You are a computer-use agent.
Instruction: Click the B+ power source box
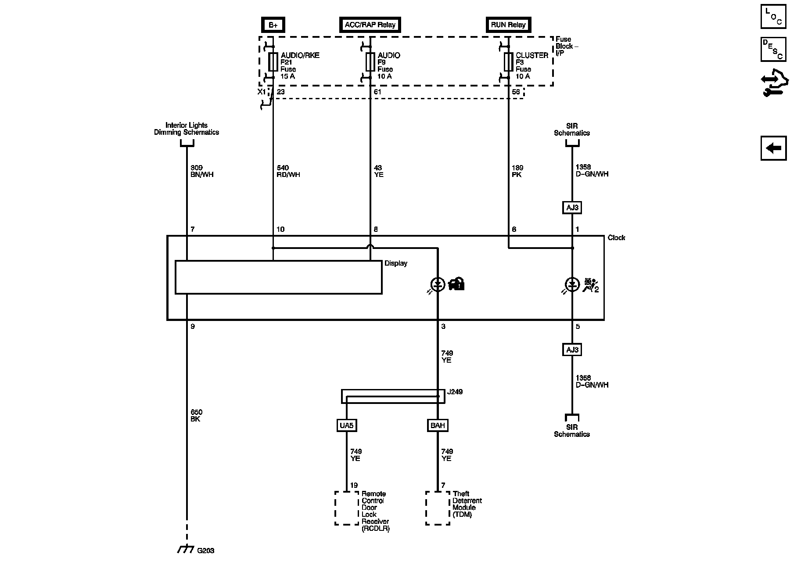(x=273, y=25)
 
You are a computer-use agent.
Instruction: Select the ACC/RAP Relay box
(x=370, y=25)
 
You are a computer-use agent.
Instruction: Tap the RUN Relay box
(x=508, y=25)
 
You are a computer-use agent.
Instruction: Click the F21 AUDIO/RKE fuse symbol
(x=273, y=62)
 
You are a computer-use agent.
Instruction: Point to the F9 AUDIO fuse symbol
(x=370, y=62)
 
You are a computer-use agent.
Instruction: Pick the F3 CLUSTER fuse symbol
(x=508, y=62)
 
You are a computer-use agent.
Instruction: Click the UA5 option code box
(x=346, y=425)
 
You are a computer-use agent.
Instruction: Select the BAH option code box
(x=438, y=425)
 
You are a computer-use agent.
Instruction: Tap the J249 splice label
(x=455, y=392)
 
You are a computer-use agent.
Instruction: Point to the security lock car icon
(x=456, y=284)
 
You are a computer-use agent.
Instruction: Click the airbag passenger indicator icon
(x=590, y=285)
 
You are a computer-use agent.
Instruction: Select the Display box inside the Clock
(x=278, y=277)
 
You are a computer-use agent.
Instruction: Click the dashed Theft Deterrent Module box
(x=438, y=508)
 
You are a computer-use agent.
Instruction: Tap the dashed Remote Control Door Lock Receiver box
(x=347, y=508)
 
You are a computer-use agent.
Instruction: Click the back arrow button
(x=773, y=148)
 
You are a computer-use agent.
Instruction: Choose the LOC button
(x=773, y=17)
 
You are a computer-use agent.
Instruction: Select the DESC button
(x=773, y=49)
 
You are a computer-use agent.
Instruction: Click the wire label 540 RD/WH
(x=288, y=171)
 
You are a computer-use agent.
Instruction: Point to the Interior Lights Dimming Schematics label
(x=186, y=129)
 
